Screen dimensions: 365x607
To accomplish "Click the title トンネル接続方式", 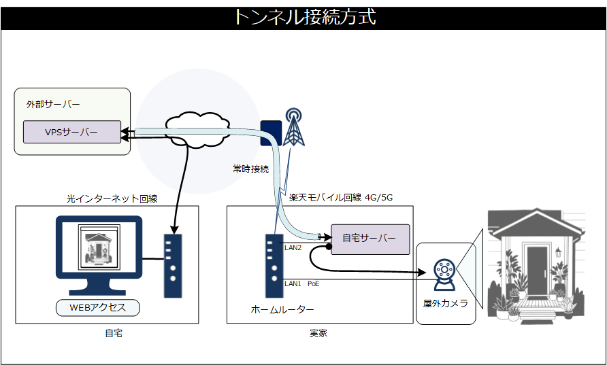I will click(303, 17).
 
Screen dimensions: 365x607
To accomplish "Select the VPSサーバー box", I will click(71, 132).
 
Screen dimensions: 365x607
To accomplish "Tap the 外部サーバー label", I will click(53, 105).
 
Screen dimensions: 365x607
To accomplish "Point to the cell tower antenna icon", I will click(294, 127).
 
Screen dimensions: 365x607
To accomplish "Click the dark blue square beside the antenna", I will click(271, 133).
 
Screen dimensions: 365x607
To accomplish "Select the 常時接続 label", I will click(250, 169).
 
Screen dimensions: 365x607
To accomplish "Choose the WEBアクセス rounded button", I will click(98, 307).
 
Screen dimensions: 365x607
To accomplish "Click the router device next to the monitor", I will click(173, 265).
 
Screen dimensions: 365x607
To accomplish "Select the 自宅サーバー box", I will click(370, 239).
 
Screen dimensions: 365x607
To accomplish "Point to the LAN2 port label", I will click(293, 247).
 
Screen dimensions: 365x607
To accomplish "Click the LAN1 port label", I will click(293, 283).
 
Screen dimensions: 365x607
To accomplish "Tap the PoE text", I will click(313, 283).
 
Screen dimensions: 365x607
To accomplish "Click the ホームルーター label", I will click(282, 310).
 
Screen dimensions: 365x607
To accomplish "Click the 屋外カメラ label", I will click(445, 304).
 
